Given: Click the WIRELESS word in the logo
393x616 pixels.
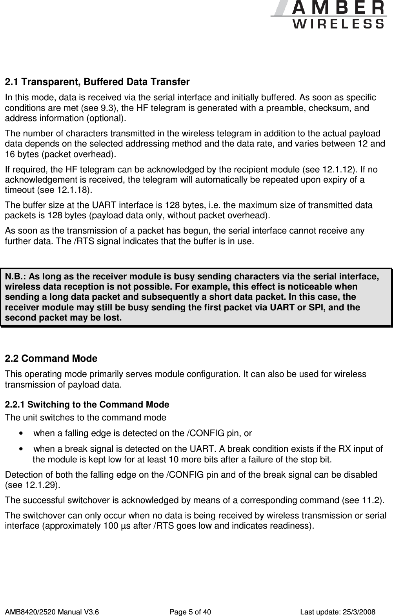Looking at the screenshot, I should coord(338,24).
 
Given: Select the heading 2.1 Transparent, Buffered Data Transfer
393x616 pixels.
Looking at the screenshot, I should coord(97,82).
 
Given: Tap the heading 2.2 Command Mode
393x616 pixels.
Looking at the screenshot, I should coord(51,359).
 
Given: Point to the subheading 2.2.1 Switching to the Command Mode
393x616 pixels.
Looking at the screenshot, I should coord(87,404).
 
